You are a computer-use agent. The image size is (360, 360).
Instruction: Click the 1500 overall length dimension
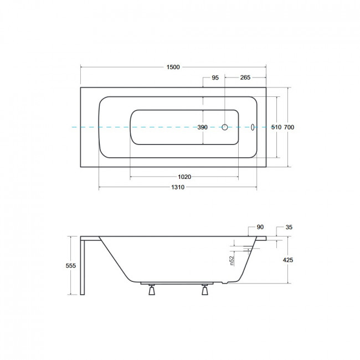pyautogui.click(x=173, y=67)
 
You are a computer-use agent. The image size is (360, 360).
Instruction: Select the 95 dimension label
pyautogui.click(x=215, y=78)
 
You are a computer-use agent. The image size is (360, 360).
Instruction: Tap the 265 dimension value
pyautogui.click(x=245, y=78)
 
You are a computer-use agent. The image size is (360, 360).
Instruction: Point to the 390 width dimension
pyautogui.click(x=203, y=127)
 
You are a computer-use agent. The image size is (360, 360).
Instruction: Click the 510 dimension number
pyautogui.click(x=276, y=127)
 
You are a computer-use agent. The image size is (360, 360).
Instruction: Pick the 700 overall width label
pyautogui.click(x=289, y=127)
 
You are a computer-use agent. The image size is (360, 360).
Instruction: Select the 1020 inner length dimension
pyautogui.click(x=184, y=177)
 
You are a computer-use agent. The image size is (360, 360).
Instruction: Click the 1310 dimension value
pyautogui.click(x=178, y=187)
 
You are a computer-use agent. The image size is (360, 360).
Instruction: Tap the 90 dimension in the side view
pyautogui.click(x=260, y=227)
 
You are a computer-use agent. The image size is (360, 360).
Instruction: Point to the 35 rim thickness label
pyautogui.click(x=289, y=227)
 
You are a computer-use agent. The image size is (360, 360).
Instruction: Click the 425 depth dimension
pyautogui.click(x=288, y=260)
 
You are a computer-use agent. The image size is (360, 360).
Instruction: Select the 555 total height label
pyautogui.click(x=71, y=266)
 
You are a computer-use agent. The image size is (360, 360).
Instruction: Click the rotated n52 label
pyautogui.click(x=232, y=261)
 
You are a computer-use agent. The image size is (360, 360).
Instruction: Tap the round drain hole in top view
pyautogui.click(x=225, y=127)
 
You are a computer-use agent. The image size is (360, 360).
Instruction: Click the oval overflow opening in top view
pyautogui.click(x=253, y=127)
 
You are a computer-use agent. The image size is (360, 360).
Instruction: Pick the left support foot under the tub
pyautogui.click(x=152, y=290)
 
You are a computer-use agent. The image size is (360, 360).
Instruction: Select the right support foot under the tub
pyautogui.click(x=205, y=290)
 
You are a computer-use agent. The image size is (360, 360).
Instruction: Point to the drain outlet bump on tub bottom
pyautogui.click(x=225, y=283)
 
